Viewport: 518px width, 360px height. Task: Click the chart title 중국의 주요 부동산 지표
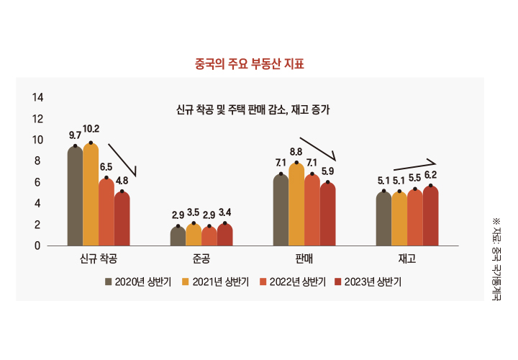(250, 64)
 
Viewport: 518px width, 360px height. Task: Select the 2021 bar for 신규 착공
(91, 194)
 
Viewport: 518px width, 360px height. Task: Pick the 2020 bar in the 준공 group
(178, 235)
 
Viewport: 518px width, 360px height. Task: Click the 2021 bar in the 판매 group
(296, 204)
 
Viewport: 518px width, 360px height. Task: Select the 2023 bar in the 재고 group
(430, 215)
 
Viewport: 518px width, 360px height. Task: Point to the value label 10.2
(91, 130)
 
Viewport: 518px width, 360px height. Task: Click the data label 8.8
(296, 151)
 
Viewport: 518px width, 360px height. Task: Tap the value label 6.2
(430, 175)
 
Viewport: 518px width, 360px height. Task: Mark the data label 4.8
(122, 180)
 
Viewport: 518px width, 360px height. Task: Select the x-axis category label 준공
(201, 257)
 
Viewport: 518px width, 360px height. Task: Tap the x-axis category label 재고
(406, 257)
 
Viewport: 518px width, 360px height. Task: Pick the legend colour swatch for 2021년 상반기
(186, 282)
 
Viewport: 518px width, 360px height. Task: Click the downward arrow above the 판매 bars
(318, 149)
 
